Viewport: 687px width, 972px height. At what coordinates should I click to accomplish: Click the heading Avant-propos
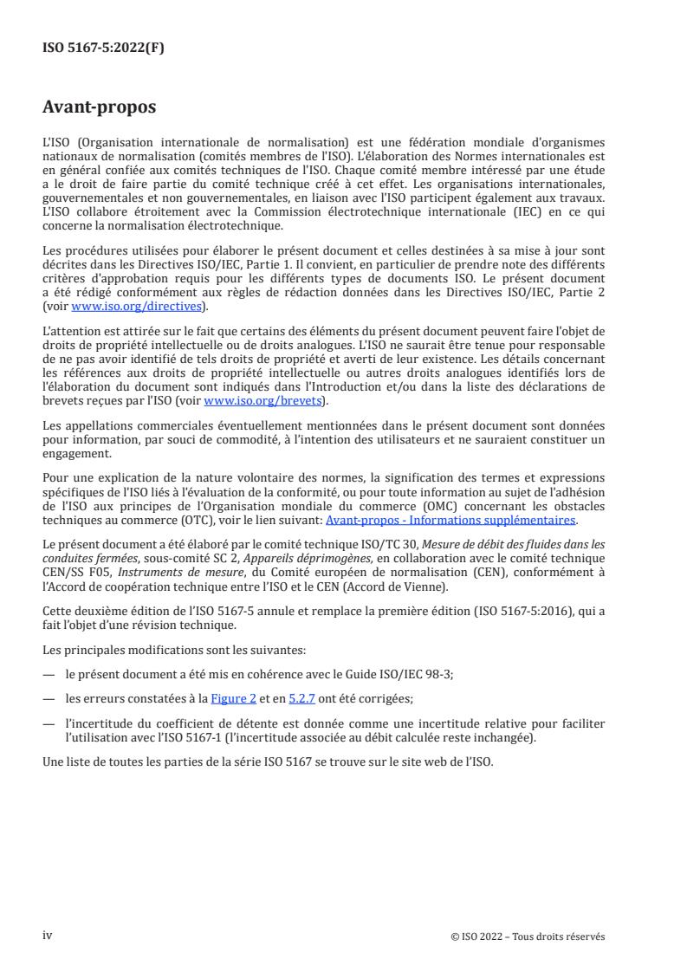[100, 108]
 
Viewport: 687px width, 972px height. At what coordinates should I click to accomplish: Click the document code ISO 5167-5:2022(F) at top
[103, 49]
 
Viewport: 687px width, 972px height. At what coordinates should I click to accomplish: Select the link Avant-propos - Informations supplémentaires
[450, 520]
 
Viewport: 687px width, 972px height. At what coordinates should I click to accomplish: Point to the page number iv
[48, 936]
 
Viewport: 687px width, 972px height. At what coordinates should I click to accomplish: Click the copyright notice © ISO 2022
[528, 936]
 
